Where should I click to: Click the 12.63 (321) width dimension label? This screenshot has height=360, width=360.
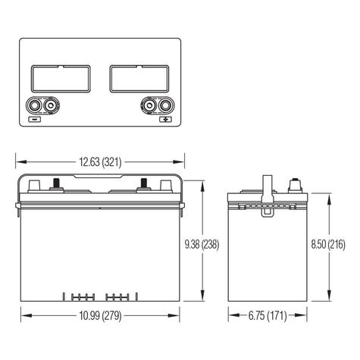click(x=101, y=161)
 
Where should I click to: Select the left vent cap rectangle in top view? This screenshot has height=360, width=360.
click(x=60, y=78)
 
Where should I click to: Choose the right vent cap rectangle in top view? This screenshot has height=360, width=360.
click(x=141, y=78)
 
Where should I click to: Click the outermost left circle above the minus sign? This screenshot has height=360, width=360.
click(x=35, y=106)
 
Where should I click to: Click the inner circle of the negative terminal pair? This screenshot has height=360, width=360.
click(x=51, y=106)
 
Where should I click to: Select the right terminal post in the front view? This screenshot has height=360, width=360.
click(x=142, y=184)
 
